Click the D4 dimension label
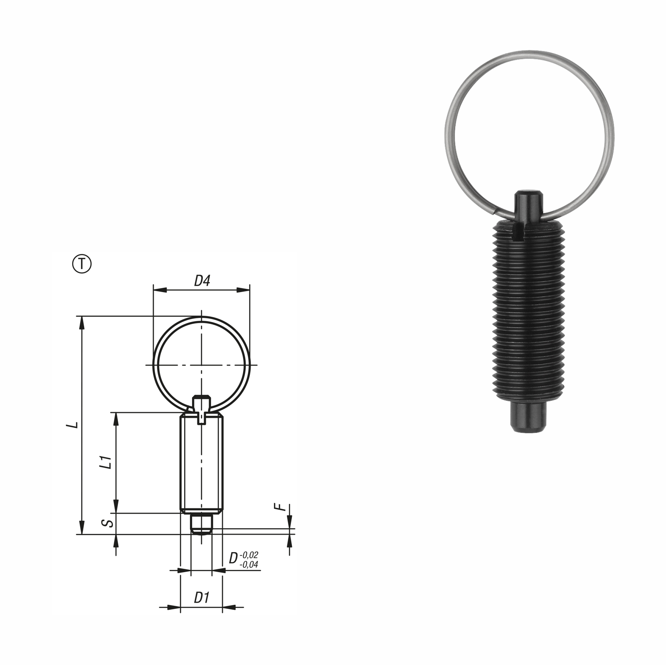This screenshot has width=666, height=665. click(201, 281)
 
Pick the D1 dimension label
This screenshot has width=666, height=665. click(201, 598)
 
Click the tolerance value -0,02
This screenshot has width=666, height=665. click(249, 555)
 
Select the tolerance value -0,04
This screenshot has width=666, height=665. click(249, 564)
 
